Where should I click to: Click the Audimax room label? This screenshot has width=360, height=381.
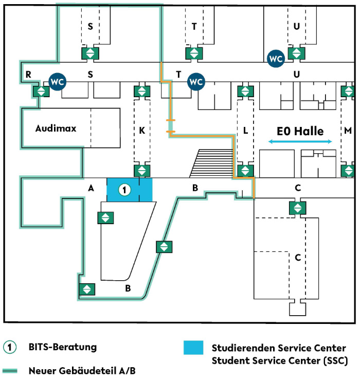pyautogui.click(x=56, y=128)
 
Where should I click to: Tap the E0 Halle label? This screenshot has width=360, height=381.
pyautogui.click(x=300, y=131)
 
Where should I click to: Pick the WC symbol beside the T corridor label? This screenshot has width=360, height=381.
pyautogui.click(x=195, y=81)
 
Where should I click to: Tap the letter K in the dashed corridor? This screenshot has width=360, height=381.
pyautogui.click(x=142, y=131)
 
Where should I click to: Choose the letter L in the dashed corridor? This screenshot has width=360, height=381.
pyautogui.click(x=245, y=131)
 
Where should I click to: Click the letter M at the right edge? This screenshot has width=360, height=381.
pyautogui.click(x=348, y=131)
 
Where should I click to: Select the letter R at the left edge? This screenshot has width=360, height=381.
pyautogui.click(x=29, y=75)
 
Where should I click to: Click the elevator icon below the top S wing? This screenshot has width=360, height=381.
pyautogui.click(x=90, y=53)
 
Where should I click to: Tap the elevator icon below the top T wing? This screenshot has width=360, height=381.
pyautogui.click(x=193, y=53)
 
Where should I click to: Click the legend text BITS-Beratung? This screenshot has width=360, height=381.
pyautogui.click(x=63, y=347)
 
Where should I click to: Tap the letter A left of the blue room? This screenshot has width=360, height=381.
pyautogui.click(x=91, y=189)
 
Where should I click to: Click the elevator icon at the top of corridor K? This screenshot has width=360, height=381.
pyautogui.click(x=142, y=92)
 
